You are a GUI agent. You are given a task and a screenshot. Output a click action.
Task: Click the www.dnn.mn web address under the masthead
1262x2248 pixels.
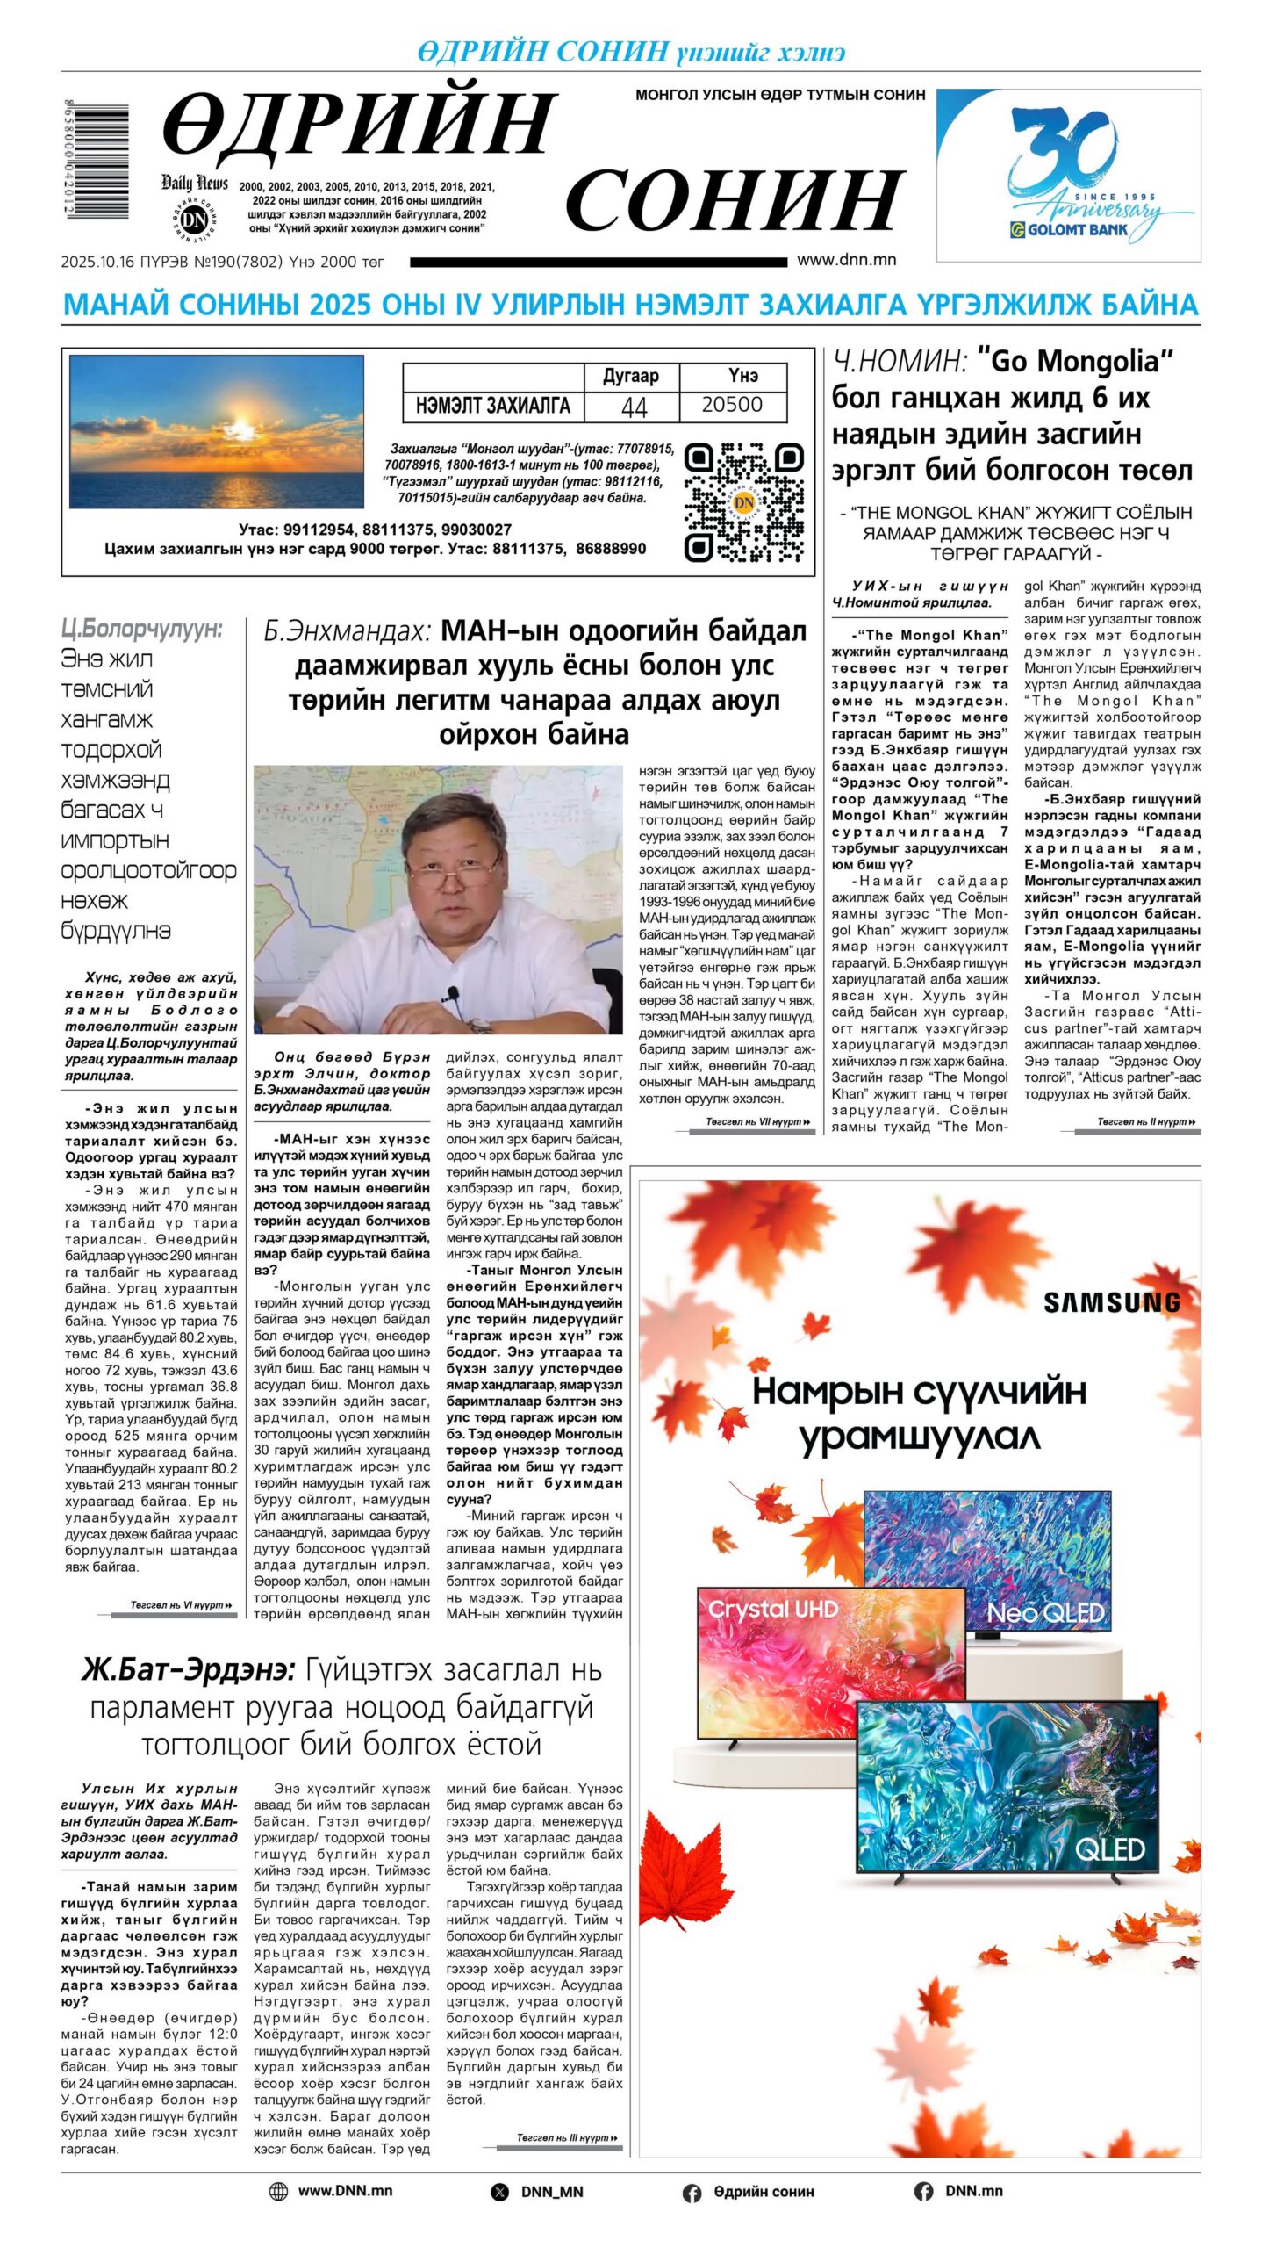(x=846, y=260)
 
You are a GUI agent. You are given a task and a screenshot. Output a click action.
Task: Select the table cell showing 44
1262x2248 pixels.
(x=633, y=406)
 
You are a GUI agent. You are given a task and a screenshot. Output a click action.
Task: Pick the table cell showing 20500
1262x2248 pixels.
(x=732, y=405)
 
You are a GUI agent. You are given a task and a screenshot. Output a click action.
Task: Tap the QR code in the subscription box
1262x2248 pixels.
(x=743, y=502)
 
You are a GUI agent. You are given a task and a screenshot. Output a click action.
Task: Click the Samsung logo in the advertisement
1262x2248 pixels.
(x=1110, y=1302)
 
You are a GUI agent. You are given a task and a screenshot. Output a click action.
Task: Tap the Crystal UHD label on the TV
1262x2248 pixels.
(x=773, y=1610)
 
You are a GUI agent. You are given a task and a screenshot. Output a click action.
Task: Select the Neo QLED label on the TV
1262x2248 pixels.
(x=1044, y=1612)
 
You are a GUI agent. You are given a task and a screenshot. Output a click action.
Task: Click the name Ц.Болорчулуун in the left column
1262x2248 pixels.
(x=141, y=629)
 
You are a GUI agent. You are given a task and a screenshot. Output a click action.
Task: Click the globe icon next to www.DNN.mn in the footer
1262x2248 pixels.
(x=278, y=2191)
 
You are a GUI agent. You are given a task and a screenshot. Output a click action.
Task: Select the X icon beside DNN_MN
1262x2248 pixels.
(x=499, y=2192)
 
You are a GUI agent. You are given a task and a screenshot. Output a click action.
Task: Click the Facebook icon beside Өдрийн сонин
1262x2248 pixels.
(x=692, y=2193)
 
